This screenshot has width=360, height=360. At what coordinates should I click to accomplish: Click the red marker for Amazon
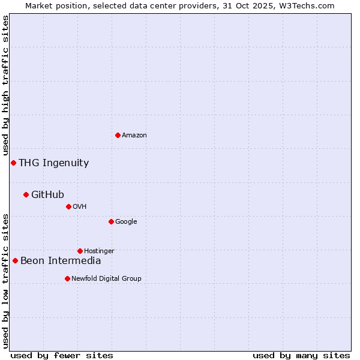pyautogui.click(x=118, y=135)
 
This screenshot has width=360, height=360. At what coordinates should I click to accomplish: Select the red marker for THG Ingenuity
pyautogui.click(x=13, y=163)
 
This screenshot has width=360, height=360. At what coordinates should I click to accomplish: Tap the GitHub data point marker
pyautogui.click(x=26, y=194)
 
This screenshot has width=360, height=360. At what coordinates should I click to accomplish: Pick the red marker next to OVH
pyautogui.click(x=68, y=206)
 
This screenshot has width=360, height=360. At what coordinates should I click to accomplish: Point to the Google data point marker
pyautogui.click(x=111, y=221)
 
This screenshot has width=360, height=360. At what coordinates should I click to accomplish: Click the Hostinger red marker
pyautogui.click(x=80, y=251)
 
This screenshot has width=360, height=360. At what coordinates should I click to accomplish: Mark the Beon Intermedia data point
pyautogui.click(x=15, y=260)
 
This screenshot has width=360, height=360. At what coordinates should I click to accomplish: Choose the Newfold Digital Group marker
pyautogui.click(x=67, y=278)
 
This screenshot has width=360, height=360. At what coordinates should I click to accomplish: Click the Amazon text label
pyautogui.click(x=134, y=135)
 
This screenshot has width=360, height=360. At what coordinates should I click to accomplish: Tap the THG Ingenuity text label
pyautogui.click(x=53, y=163)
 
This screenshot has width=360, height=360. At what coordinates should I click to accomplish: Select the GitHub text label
pyautogui.click(x=47, y=194)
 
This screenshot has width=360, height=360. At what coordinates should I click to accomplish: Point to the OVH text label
pyautogui.click(x=79, y=206)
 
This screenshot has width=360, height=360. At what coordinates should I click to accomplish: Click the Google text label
pyautogui.click(x=126, y=221)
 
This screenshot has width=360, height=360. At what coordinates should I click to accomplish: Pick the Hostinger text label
pyautogui.click(x=99, y=251)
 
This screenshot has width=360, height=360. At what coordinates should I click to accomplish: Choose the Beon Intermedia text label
pyautogui.click(x=61, y=260)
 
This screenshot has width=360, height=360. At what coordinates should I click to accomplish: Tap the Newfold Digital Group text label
pyautogui.click(x=106, y=278)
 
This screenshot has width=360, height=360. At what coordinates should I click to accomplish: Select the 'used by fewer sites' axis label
pyautogui.click(x=62, y=355)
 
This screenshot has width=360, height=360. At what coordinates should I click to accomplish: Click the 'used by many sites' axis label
pyautogui.click(x=301, y=355)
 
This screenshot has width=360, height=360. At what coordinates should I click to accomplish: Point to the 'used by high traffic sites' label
pyautogui.click(x=5, y=85)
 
